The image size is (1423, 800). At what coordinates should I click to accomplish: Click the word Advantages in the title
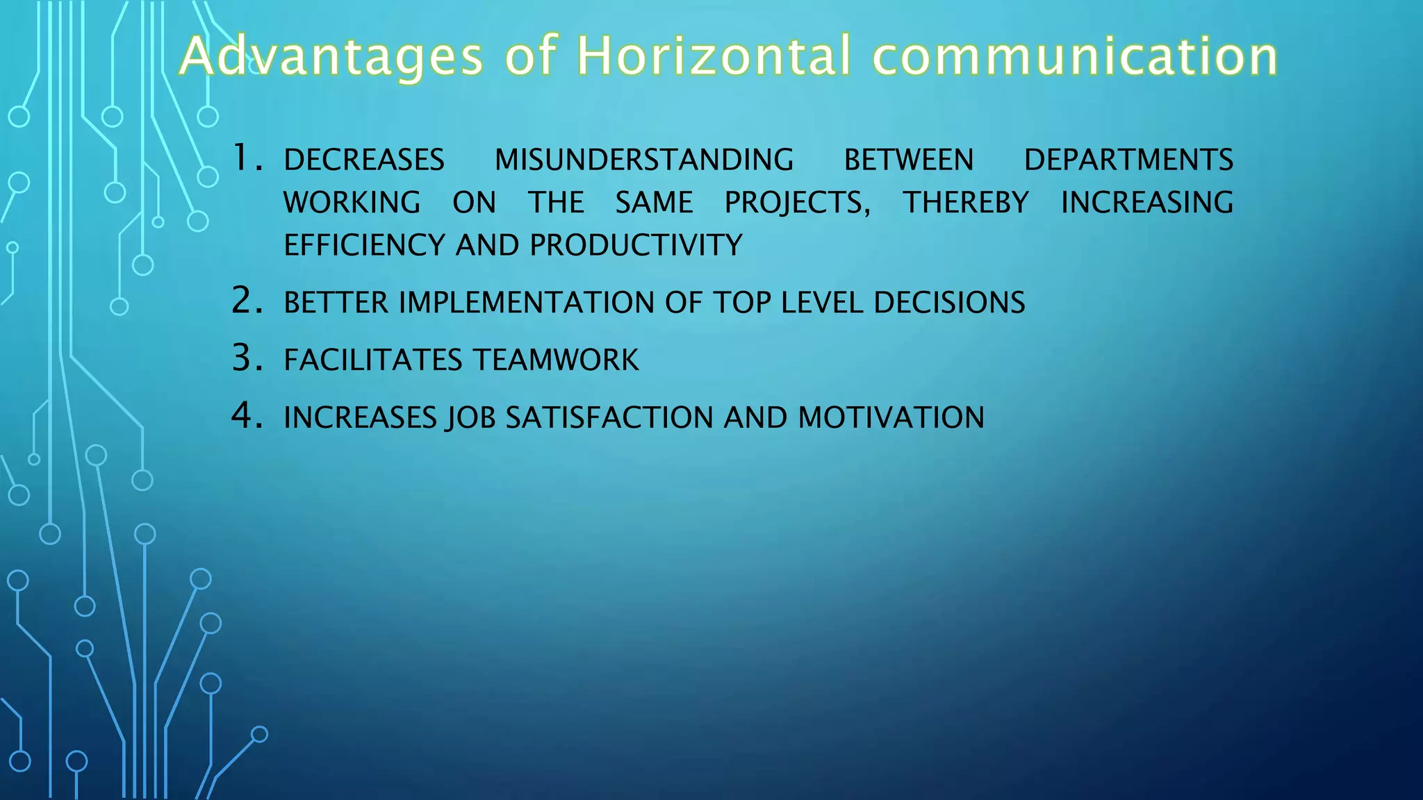click(331, 57)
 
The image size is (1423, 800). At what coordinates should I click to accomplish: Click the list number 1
click(246, 158)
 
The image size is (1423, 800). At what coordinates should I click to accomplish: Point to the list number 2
click(247, 301)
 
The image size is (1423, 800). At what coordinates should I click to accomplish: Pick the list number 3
click(247, 358)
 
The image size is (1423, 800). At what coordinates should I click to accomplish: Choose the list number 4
click(247, 416)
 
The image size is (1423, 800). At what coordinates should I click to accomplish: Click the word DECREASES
click(364, 160)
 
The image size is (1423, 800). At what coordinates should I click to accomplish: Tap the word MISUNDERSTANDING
click(643, 160)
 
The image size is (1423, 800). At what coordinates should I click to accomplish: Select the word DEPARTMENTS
click(1128, 160)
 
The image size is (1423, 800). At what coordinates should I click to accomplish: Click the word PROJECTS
click(796, 203)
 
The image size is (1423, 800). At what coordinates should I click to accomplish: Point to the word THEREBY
click(965, 203)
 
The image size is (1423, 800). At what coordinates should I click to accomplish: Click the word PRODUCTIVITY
click(636, 246)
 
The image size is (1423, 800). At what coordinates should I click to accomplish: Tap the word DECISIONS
click(949, 303)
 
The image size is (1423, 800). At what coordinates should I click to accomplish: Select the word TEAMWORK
click(556, 360)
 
